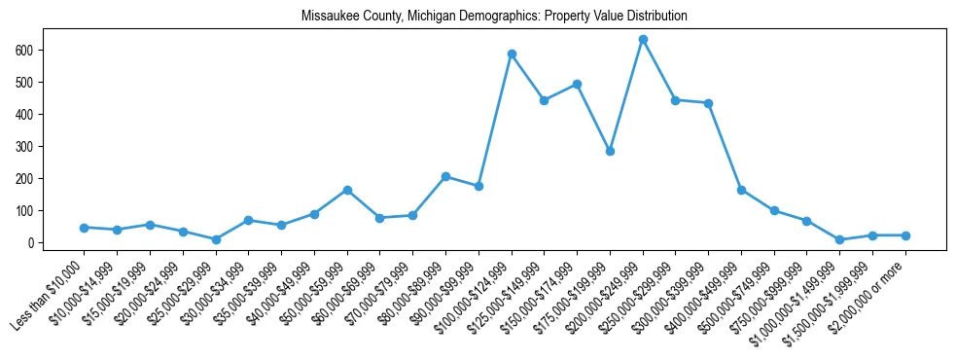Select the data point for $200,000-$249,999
pos(643,40)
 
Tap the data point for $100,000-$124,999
pos(512,54)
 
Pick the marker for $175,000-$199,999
pos(610,151)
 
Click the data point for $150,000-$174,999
pos(577,84)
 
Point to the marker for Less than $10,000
pos(85,228)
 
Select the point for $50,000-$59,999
pos(347,190)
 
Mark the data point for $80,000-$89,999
pos(445,176)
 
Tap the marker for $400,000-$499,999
pos(741,190)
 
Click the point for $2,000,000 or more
pos(905,235)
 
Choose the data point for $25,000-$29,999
pos(216,239)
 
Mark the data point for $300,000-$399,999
pos(708,103)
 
